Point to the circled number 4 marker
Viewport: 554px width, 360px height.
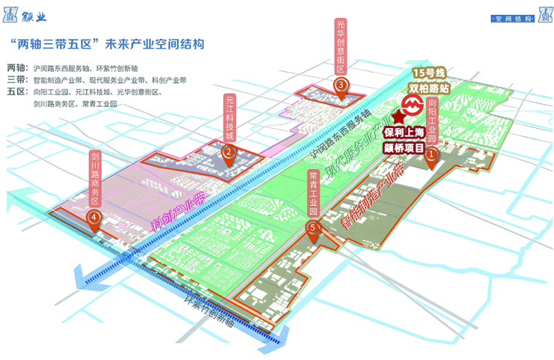[94, 217]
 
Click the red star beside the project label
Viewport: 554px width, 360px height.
[398, 120]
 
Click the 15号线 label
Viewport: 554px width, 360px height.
[429, 73]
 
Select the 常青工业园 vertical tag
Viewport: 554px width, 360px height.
[313, 195]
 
